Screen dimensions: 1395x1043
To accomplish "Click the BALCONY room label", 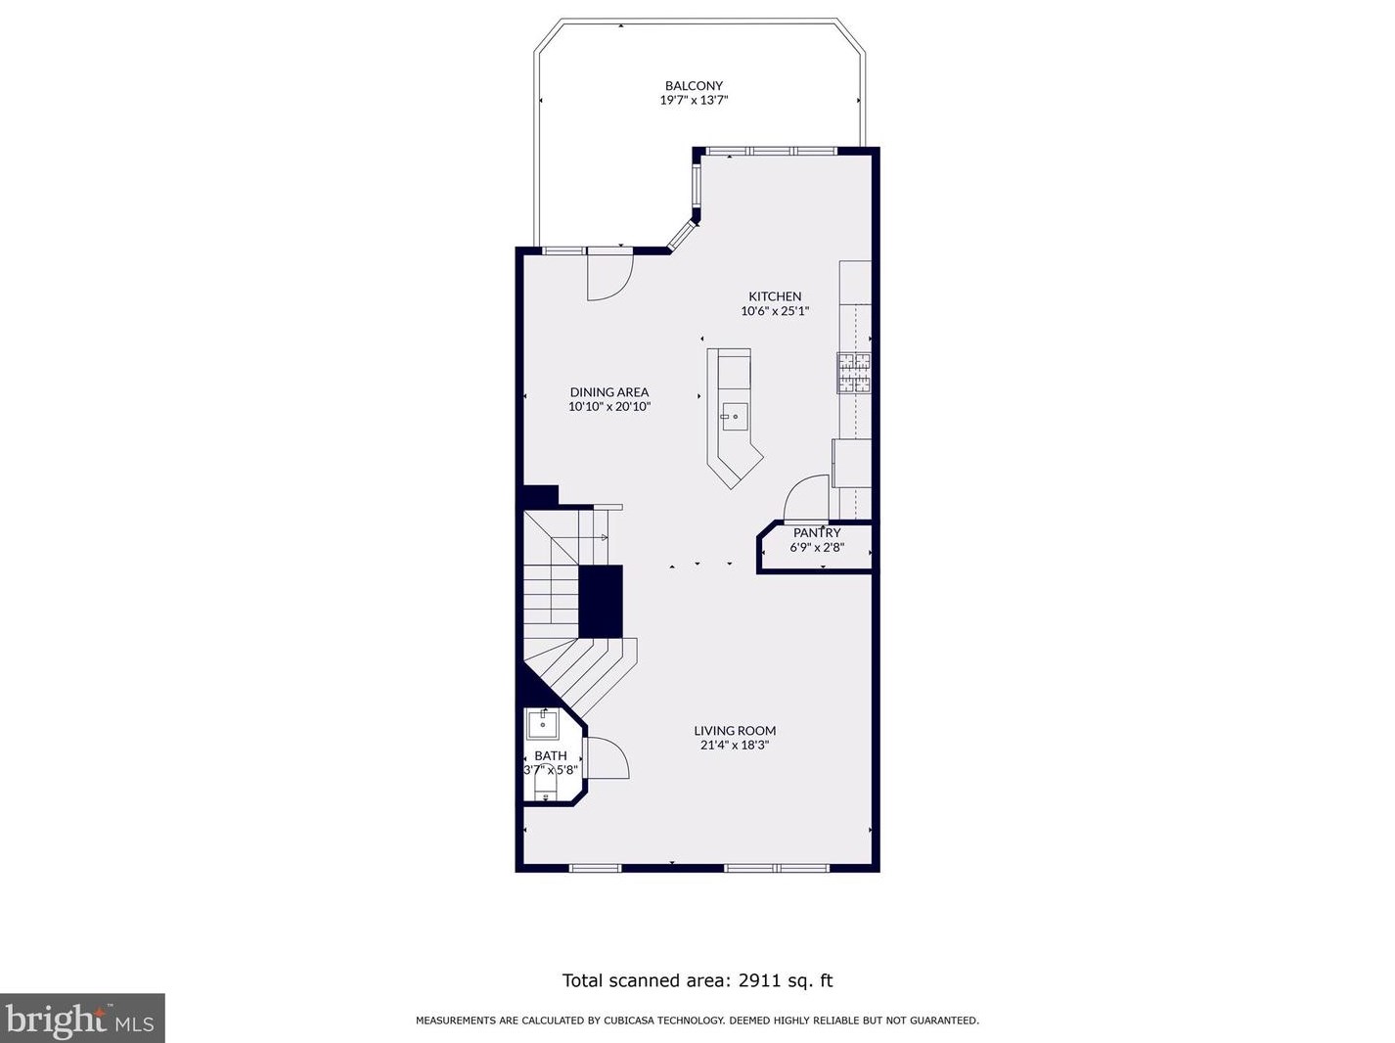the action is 694,85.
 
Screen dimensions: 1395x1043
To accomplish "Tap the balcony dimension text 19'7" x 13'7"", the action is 694,100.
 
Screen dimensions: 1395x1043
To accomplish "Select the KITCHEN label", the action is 775,296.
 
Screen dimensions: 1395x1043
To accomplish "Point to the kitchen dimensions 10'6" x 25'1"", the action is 775,311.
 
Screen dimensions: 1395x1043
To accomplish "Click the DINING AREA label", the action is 609,392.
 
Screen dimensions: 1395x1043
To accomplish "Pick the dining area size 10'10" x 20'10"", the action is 609,407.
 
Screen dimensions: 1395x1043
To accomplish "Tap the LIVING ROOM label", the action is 735,731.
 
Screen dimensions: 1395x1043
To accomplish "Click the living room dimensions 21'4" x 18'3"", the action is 735,746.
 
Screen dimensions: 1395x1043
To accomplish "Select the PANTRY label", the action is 817,533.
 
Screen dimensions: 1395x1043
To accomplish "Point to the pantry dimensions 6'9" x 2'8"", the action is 817,547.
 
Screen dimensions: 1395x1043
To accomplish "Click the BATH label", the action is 551,755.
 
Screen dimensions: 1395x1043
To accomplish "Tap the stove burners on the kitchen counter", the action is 854,373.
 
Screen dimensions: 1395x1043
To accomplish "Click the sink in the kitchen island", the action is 734,417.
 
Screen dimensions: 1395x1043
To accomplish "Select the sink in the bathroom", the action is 543,725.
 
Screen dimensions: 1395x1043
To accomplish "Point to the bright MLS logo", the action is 81,1019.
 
